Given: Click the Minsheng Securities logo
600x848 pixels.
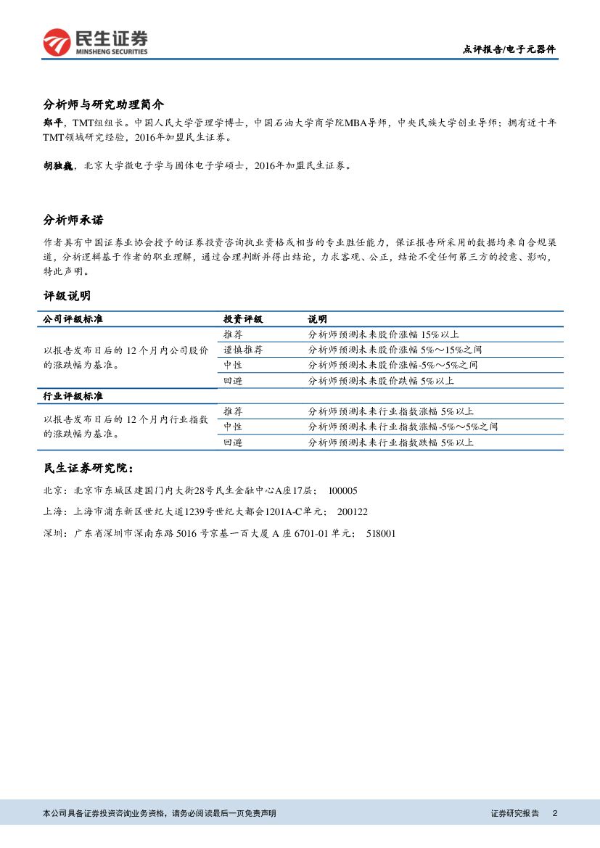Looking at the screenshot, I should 95,43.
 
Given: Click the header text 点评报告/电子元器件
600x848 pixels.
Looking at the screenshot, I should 509,49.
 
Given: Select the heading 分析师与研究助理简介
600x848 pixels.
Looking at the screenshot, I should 104,104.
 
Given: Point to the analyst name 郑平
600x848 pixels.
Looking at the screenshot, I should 53,123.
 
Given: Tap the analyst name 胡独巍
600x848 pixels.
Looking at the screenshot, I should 58,165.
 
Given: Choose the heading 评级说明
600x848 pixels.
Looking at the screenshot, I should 67,295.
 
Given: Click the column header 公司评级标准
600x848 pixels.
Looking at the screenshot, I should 73,319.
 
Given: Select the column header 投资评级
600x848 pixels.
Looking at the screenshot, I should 243,319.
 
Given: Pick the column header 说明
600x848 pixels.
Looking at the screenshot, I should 317,319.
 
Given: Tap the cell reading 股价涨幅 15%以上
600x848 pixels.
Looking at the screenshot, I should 384,334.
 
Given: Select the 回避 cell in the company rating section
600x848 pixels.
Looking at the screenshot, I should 233,381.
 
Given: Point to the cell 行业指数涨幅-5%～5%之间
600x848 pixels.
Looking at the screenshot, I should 403,427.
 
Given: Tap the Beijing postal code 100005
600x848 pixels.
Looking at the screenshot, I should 343,491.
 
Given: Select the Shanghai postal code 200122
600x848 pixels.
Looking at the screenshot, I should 353,512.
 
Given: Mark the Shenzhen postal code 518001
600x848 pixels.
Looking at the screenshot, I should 382,533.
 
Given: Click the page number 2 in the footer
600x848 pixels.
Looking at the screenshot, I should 554,813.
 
